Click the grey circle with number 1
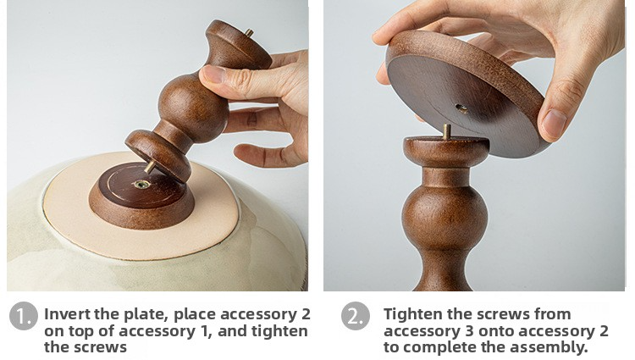pyautogui.click(x=24, y=316)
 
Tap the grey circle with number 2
pyautogui.click(x=355, y=316)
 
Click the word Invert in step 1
pyautogui.click(x=67, y=314)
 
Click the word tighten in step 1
pyautogui.click(x=279, y=331)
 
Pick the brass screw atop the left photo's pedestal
pyautogui.click(x=249, y=33)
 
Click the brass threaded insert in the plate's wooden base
pyautogui.click(x=141, y=185)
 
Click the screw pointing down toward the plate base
pyautogui.click(x=149, y=167)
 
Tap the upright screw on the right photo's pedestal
pyautogui.click(x=447, y=132)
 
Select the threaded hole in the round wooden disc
pyautogui.click(x=461, y=108)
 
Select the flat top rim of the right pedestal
pyautogui.click(x=446, y=143)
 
